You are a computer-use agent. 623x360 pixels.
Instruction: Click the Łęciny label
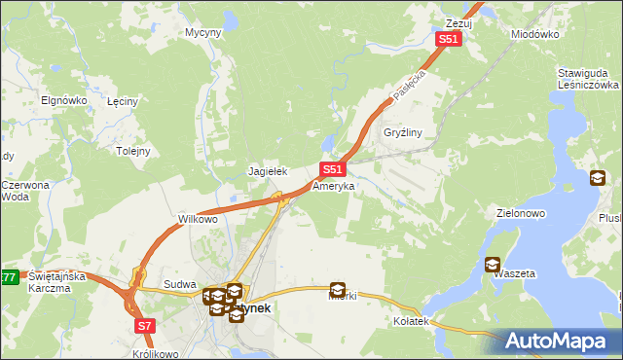126,101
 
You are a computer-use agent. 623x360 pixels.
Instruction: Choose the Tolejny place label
133,151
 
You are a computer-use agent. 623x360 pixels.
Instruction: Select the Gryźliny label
401,132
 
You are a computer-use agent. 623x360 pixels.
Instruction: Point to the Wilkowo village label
198,219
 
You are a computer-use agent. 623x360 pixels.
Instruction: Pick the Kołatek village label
411,320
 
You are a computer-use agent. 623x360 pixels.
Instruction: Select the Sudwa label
180,284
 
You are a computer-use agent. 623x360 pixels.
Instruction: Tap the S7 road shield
144,325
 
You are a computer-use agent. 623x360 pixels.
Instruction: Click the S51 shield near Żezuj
447,39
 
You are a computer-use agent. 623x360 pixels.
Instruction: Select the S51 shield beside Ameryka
331,168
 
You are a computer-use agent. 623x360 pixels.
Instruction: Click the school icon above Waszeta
493,264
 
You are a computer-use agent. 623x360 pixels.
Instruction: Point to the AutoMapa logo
563,342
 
